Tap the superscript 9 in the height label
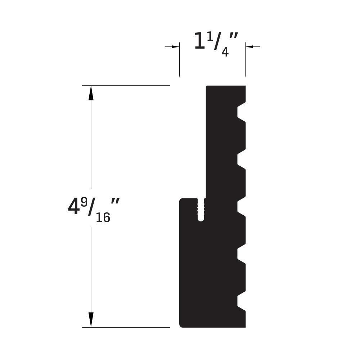tap(84, 203)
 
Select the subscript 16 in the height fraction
tap(103, 217)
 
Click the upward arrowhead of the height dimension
tap(91, 93)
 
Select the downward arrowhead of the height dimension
tap(91, 320)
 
